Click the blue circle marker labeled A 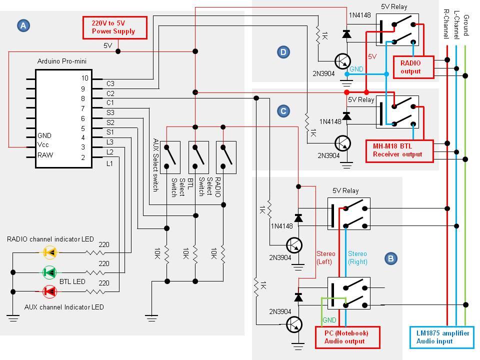(x=23, y=25)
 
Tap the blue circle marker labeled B (x=391, y=258)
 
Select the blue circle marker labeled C (x=283, y=111)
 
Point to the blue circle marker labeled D (x=283, y=51)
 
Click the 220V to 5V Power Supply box (x=114, y=27)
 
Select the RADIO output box (x=410, y=67)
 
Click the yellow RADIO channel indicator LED (x=50, y=253)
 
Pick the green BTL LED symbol (x=50, y=272)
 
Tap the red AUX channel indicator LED (x=50, y=291)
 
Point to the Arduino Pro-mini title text (x=61, y=61)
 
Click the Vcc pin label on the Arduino (x=44, y=145)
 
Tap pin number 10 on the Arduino (x=85, y=78)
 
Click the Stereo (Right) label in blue (x=357, y=257)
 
